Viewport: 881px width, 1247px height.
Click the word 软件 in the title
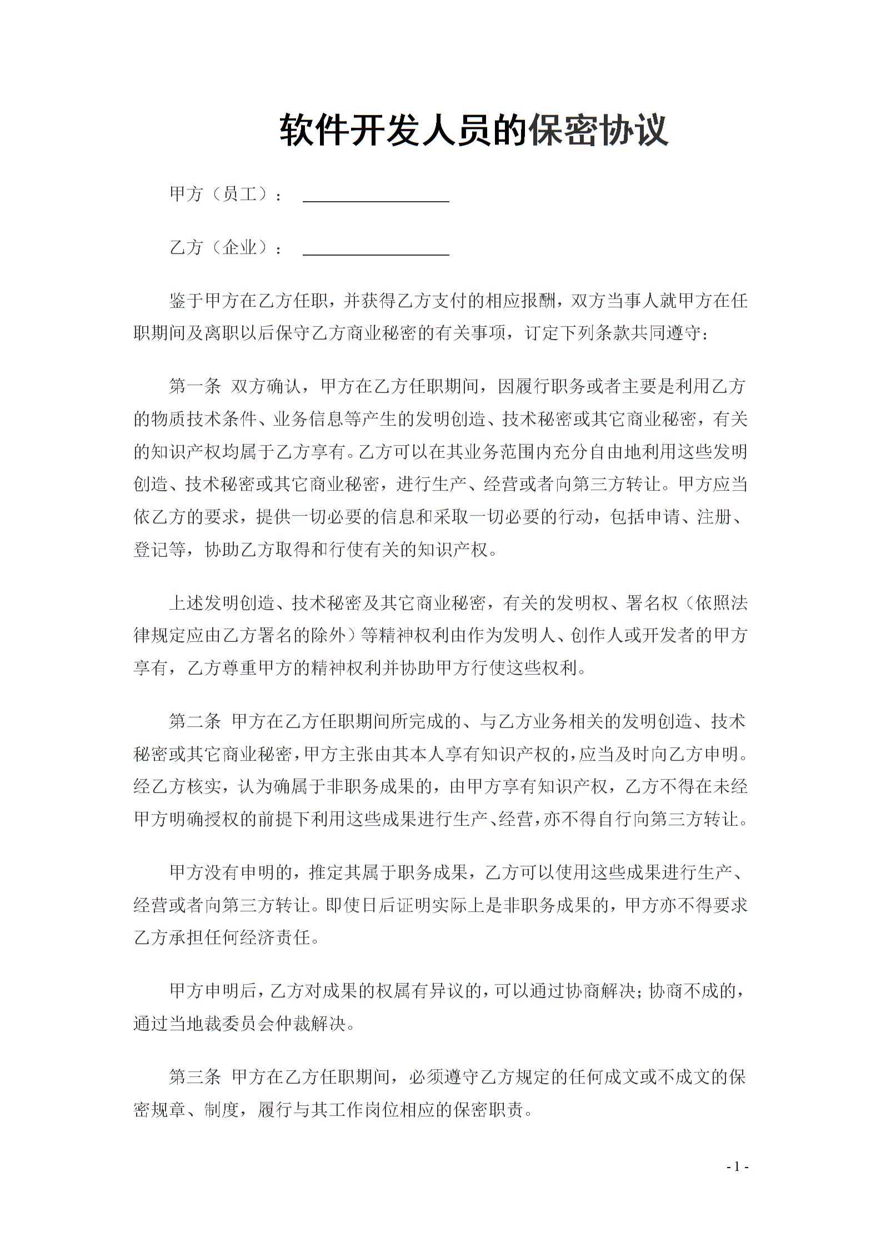click(x=314, y=131)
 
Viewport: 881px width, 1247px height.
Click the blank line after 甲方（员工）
click(x=376, y=200)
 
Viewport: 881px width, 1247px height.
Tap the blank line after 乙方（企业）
click(x=376, y=253)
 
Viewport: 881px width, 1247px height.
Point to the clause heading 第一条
click(x=195, y=387)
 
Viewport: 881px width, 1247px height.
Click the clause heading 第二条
click(x=195, y=722)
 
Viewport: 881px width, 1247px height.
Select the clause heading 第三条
click(x=195, y=1078)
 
